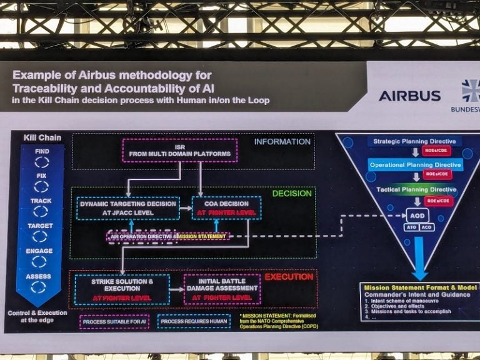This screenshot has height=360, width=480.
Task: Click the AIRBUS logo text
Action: coord(409,96)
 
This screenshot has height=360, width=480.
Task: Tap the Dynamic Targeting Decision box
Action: coord(127,207)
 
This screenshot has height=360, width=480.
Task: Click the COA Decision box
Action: coord(217,207)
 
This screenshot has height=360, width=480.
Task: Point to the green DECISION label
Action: coord(292,193)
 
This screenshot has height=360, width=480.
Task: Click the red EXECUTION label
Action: coord(289,276)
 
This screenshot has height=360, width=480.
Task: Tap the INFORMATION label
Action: coord(282,142)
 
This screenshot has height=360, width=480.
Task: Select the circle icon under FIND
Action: coord(42,162)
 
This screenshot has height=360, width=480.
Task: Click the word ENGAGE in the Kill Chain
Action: coord(40,251)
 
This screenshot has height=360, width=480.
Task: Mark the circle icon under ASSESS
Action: coord(39,287)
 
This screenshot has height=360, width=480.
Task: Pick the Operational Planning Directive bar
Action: coord(415,165)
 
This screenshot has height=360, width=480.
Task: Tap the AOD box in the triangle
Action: coord(417,216)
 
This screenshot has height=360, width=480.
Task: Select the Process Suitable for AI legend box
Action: coord(113,321)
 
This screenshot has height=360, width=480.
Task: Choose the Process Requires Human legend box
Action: coord(194,321)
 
